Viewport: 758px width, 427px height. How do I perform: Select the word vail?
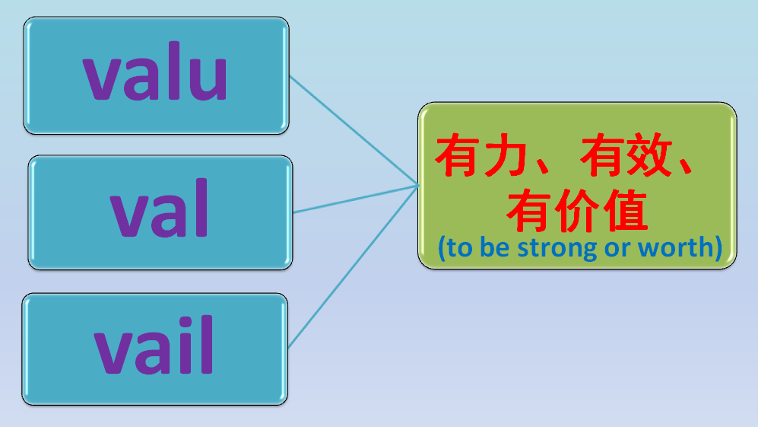(154, 348)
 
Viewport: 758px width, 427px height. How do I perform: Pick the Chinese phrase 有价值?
(577, 211)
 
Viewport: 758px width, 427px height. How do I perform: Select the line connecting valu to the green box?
(354, 129)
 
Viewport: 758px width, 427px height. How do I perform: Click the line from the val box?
(354, 199)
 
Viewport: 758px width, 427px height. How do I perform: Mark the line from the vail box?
(354, 266)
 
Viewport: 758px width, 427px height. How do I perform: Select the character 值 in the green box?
(625, 211)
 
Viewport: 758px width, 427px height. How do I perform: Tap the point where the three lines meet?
(417, 184)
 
